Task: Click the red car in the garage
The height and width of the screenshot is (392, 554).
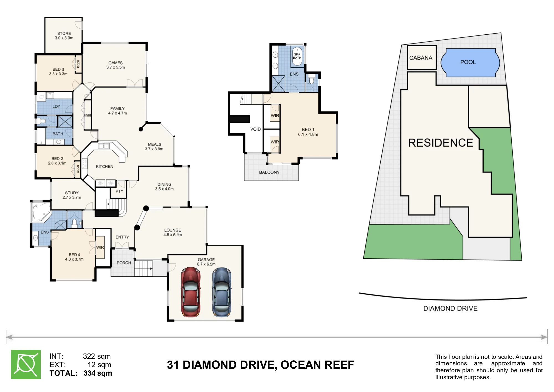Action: pyautogui.click(x=191, y=292)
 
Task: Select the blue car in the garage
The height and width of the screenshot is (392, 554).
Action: pyautogui.click(x=222, y=292)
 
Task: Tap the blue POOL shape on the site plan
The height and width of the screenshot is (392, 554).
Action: pyautogui.click(x=470, y=63)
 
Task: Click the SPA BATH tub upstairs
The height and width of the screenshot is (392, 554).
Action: pyautogui.click(x=297, y=56)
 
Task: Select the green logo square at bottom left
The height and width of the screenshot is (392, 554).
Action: pyautogui.click(x=26, y=364)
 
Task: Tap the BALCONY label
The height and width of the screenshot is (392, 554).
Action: pyautogui.click(x=269, y=172)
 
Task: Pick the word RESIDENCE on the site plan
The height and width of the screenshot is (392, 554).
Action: pyautogui.click(x=440, y=143)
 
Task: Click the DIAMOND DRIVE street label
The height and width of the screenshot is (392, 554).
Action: pyautogui.click(x=450, y=308)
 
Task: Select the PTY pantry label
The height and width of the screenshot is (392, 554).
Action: pyautogui.click(x=119, y=191)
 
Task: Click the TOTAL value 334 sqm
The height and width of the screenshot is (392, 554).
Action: pyautogui.click(x=98, y=373)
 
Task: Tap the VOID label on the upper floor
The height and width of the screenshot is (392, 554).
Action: pyautogui.click(x=255, y=129)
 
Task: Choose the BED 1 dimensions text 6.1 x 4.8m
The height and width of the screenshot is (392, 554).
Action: pyautogui.click(x=308, y=134)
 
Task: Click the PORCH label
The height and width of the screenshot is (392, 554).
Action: pyautogui.click(x=124, y=263)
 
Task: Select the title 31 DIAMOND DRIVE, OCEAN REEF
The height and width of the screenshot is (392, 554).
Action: pyautogui.click(x=260, y=365)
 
